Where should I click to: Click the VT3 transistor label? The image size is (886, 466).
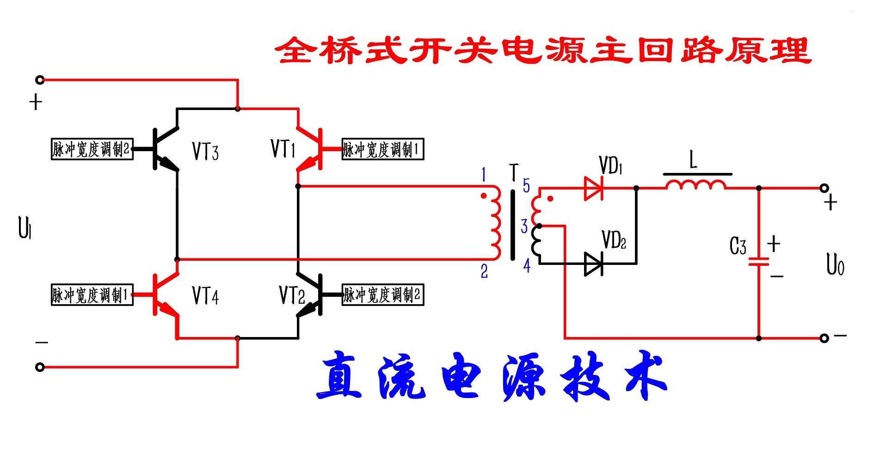205,151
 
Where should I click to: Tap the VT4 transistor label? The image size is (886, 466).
205,295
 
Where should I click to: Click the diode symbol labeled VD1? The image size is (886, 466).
594,188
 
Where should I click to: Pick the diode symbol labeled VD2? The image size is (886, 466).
594,264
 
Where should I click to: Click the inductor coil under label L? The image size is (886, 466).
696,185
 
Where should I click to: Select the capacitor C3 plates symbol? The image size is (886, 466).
759,262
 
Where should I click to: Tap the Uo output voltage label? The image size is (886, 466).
835,265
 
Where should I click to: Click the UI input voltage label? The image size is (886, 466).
25,227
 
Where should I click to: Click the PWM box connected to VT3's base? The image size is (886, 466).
92,149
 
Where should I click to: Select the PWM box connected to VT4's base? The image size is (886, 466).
92,294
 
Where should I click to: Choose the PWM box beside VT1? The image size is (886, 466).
382,149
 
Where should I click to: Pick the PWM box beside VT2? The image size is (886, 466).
382,294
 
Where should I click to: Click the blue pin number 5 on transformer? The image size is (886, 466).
526,185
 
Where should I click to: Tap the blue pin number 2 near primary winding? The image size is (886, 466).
484,271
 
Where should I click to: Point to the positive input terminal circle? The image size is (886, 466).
40,80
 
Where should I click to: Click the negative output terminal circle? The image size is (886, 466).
824,338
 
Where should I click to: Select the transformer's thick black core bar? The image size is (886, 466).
512,225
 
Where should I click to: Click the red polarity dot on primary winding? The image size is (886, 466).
484,196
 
